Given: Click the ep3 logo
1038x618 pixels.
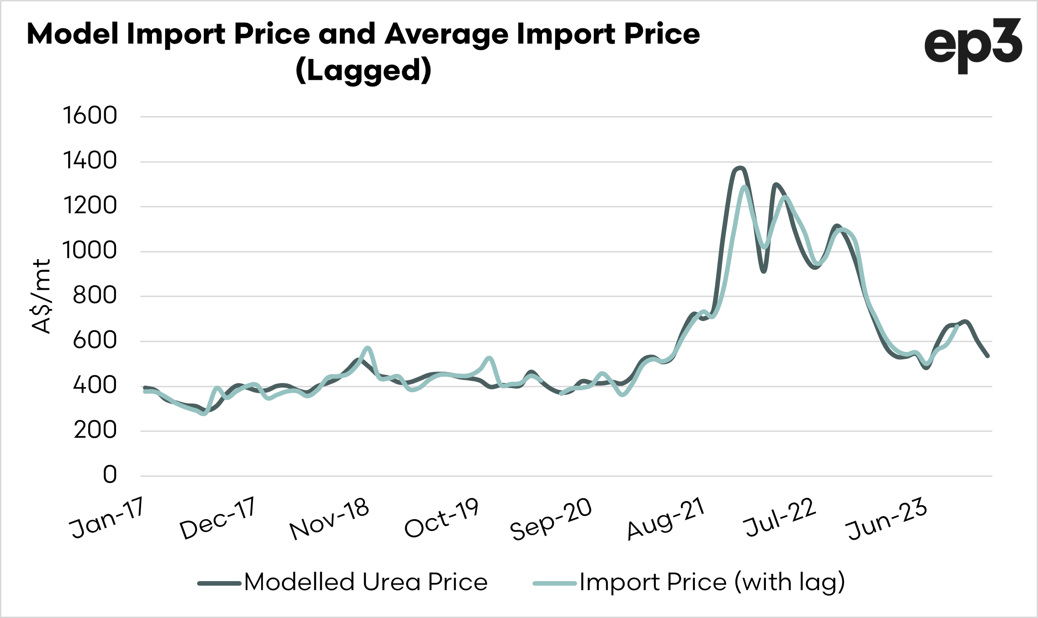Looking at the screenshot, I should [973, 46].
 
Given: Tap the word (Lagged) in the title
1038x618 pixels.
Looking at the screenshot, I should [363, 71].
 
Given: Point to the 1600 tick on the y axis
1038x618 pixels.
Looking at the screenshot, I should [90, 116].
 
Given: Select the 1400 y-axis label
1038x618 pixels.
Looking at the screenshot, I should [90, 161].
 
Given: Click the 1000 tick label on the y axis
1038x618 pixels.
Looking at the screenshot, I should [90, 250].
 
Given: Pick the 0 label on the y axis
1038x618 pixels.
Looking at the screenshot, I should [110, 475].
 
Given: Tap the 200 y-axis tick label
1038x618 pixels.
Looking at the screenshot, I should [95, 430].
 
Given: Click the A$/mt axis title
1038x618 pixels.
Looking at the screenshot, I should [42, 296].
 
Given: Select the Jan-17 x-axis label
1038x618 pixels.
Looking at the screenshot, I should [107, 518].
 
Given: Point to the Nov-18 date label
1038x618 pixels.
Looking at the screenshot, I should [329, 519].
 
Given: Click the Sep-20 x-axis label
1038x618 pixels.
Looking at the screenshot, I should [551, 519].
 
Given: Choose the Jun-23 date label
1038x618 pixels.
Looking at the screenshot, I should [886, 519].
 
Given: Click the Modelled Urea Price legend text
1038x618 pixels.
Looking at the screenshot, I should [366, 582].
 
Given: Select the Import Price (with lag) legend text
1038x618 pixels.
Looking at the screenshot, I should [712, 582].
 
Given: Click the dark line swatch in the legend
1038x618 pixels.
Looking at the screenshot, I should [219, 583].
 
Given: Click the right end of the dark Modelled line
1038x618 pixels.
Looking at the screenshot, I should [987, 356].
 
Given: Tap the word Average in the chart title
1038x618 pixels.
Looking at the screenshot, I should [446, 34].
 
